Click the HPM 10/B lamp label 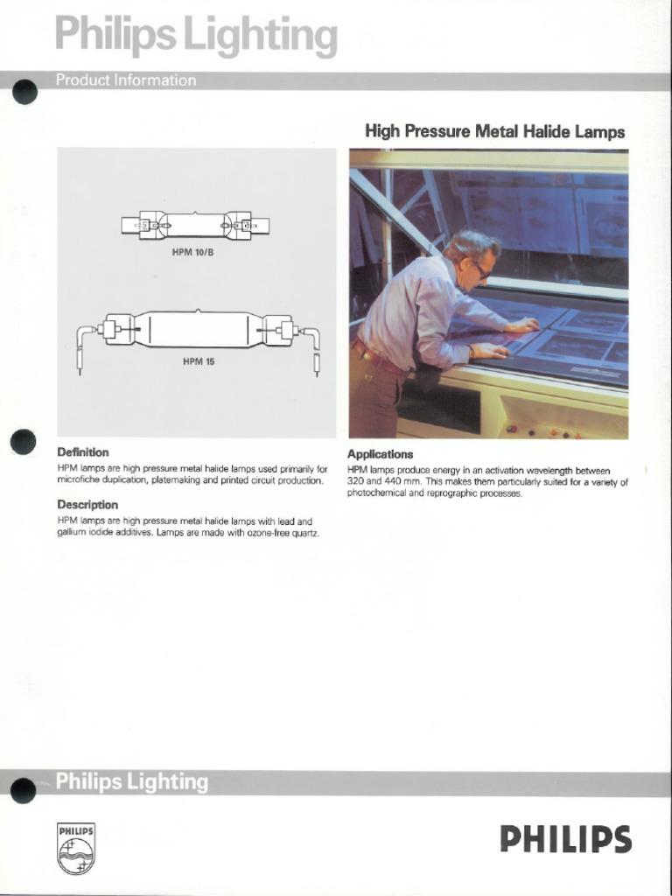pos(196,254)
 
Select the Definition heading pos(83,452)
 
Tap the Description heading pos(87,505)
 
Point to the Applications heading pos(380,454)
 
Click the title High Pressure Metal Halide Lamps pos(494,132)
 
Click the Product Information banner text pos(126,80)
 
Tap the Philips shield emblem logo pos(76,848)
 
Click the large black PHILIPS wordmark pos(565,840)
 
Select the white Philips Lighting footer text pos(132,782)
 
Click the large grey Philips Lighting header pos(196,38)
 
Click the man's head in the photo pos(472,255)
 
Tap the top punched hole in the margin pos(24,91)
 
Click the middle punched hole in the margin pos(24,441)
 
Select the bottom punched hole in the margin pos(24,790)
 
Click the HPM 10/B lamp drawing pos(196,226)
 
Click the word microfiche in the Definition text pos(80,481)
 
